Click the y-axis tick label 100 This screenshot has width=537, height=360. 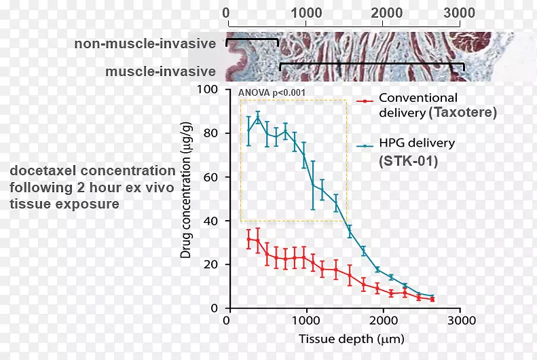pyautogui.click(x=207, y=90)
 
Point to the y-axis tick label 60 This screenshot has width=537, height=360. pyautogui.click(x=210, y=177)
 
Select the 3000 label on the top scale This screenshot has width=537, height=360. pyautogui.click(x=459, y=13)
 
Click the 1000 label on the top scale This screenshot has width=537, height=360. pyautogui.click(x=306, y=13)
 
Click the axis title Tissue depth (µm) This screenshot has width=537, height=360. pyautogui.click(x=352, y=339)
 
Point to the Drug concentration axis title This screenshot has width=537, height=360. pyautogui.click(x=185, y=190)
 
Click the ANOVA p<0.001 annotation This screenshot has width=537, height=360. pyautogui.click(x=272, y=93)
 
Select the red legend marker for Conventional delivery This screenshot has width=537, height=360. pyautogui.click(x=365, y=101)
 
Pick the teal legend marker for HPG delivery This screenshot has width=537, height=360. pyautogui.click(x=365, y=146)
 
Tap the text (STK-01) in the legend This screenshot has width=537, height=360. pyautogui.click(x=408, y=161)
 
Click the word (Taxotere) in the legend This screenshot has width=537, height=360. pyautogui.click(x=463, y=112)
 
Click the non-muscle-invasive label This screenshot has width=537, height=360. pyautogui.click(x=145, y=44)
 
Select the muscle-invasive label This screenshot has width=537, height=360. pyautogui.click(x=161, y=71)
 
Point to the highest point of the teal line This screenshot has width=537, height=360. pyautogui.click(x=258, y=118)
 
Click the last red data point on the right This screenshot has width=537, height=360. pyautogui.click(x=432, y=300)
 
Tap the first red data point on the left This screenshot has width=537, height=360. pyautogui.click(x=249, y=238)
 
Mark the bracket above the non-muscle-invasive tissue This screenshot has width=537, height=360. pyautogui.click(x=252, y=39)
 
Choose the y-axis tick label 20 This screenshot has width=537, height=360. pyautogui.click(x=210, y=265)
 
